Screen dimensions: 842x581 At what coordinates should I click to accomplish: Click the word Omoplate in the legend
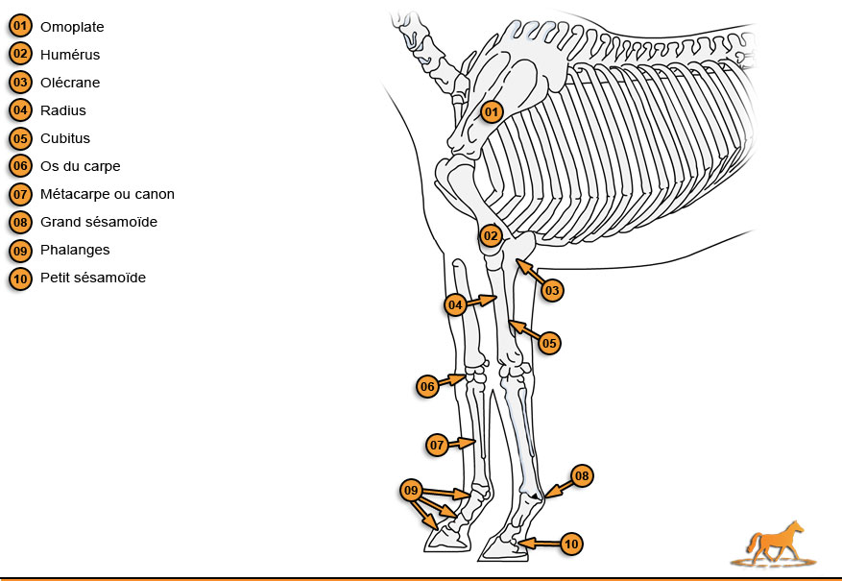(72, 27)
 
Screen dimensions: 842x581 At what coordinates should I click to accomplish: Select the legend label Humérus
(70, 55)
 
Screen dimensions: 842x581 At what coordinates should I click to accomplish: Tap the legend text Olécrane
(70, 83)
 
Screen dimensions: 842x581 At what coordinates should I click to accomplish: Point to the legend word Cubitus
(65, 138)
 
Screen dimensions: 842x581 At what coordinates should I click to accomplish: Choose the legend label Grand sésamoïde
(99, 222)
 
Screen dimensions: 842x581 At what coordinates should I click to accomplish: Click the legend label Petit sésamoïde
(93, 278)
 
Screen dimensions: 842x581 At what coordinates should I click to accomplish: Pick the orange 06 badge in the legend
(20, 166)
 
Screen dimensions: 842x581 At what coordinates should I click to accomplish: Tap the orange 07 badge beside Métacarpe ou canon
(20, 194)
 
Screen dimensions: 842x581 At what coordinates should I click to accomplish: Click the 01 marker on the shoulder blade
(492, 112)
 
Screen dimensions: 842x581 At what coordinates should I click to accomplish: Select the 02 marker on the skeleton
(491, 235)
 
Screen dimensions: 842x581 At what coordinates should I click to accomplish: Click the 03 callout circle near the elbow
(552, 290)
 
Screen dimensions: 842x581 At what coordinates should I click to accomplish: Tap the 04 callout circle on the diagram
(455, 305)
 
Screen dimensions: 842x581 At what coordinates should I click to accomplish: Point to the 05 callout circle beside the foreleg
(549, 343)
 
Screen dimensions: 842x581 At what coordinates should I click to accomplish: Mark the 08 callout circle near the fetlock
(582, 475)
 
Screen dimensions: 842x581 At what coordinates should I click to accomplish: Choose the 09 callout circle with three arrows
(411, 491)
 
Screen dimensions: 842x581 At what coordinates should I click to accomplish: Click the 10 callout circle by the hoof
(571, 544)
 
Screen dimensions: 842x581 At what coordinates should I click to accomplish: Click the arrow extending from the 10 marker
(540, 544)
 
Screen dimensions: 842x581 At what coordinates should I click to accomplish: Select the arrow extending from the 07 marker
(462, 444)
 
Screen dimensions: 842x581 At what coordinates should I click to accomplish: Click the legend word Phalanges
(75, 250)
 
